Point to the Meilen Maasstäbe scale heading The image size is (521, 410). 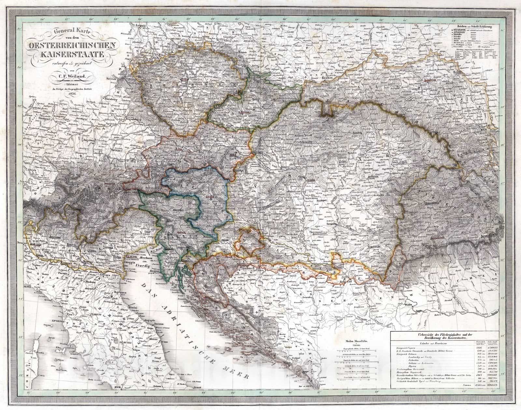pyautogui.click(x=354, y=341)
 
